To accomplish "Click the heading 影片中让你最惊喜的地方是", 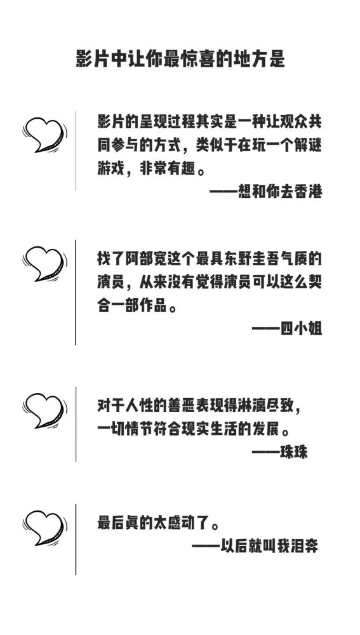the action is point(180,59).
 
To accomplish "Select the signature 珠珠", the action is point(295,451).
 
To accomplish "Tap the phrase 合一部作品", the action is point(132,305).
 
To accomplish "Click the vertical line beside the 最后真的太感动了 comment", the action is point(76,539).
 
